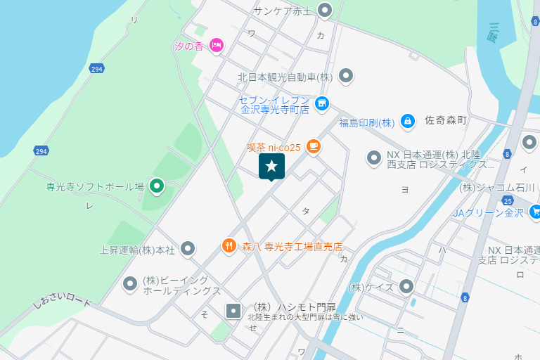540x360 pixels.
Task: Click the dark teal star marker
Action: (271, 167)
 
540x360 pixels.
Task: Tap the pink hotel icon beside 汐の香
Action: (217, 46)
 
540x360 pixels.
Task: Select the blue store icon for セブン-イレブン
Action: (322, 103)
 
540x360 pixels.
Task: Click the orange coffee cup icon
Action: (313, 147)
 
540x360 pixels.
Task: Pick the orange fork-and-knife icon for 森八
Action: (229, 246)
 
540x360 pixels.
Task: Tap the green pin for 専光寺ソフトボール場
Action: (157, 186)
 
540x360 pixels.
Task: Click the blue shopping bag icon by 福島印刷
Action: (407, 122)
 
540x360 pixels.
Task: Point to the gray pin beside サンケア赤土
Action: (325, 10)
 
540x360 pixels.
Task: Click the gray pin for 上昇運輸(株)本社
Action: (188, 248)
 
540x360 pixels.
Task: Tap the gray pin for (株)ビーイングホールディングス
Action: (130, 284)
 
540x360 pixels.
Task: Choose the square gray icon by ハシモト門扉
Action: (233, 309)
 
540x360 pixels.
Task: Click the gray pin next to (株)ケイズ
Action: (406, 286)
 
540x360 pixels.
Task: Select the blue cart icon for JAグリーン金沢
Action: (535, 211)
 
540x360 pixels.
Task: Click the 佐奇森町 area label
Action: (446, 121)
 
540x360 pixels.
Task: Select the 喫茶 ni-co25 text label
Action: (274, 148)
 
